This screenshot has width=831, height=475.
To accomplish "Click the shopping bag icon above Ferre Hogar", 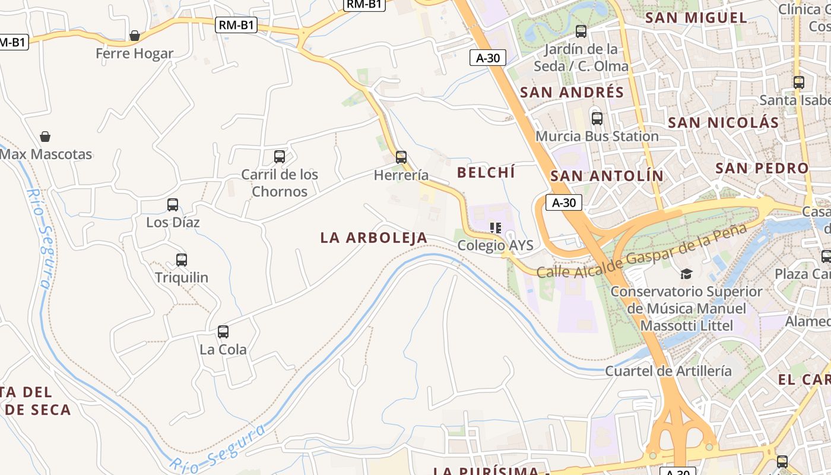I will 135,36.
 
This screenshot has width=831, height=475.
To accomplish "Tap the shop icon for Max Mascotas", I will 45,137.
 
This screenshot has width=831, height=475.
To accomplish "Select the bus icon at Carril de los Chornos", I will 280,157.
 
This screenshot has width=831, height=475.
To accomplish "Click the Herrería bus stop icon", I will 401,157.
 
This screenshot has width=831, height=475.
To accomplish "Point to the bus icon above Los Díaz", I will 173,205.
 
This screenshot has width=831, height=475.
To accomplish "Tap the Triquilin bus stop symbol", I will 182,260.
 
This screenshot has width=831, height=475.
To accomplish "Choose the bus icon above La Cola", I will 223,332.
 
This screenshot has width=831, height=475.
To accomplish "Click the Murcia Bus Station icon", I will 597,119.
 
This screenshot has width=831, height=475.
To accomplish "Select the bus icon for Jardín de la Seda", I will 581,31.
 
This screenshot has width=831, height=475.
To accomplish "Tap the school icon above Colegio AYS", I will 496,228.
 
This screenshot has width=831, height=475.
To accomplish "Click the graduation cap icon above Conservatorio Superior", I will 686,274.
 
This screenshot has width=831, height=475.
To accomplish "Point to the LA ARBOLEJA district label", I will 374,238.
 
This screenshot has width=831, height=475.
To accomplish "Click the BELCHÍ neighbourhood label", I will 486,173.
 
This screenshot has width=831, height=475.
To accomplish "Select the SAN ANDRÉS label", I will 572,93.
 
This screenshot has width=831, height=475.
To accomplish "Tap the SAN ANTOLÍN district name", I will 607,176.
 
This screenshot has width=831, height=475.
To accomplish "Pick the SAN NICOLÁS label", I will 723,123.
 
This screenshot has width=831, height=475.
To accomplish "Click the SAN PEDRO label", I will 762,168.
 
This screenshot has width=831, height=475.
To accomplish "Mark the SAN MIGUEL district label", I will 696,18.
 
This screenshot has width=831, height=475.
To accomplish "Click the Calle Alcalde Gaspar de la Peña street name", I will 641,251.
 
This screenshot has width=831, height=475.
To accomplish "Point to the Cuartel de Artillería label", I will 668,371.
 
